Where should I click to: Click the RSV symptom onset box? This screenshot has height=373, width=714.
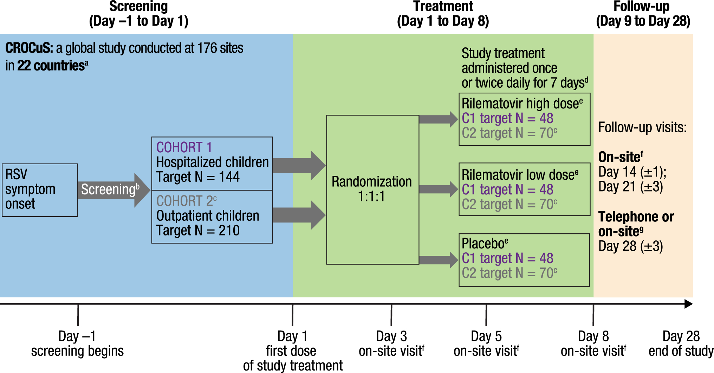pos(40,190)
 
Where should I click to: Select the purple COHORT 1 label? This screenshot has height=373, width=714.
pos(184,147)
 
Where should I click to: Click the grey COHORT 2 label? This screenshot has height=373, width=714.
pos(186,201)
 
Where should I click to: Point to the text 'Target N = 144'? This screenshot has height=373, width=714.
pos(198,177)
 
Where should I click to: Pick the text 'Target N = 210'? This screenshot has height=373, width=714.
pos(198,231)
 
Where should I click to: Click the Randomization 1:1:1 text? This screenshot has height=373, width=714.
pos(372,189)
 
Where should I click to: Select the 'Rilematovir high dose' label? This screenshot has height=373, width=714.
pos(521,104)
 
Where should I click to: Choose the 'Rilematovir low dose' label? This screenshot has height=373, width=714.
pos(519,175)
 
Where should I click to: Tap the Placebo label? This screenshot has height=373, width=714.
pos(485,244)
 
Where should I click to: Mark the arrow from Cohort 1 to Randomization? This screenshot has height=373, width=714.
pos(299,165)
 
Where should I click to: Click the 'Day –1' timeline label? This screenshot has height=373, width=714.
pos(77,336)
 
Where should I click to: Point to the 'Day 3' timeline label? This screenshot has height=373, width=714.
pos(391,336)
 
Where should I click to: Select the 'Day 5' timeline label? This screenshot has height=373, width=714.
pos(486,336)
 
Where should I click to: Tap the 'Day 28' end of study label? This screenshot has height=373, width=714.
pos(681,336)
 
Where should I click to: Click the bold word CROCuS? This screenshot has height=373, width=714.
pos(29,48)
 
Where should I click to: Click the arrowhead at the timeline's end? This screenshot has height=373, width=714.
pos(689,304)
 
